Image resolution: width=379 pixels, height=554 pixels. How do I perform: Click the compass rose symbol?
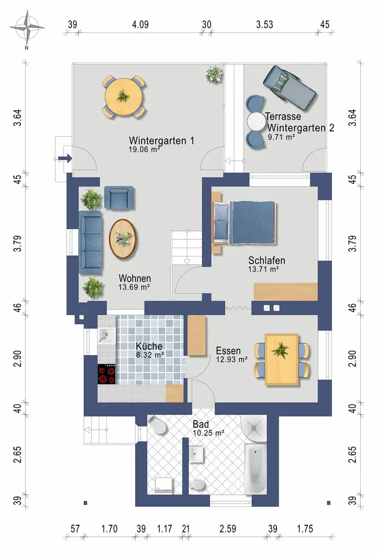(x=27, y=28)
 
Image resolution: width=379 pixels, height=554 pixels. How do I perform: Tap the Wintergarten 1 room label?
(x=161, y=141)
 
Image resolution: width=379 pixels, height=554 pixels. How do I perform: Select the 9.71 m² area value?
(x=281, y=137)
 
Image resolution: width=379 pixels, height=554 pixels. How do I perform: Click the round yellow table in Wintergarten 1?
(x=123, y=96)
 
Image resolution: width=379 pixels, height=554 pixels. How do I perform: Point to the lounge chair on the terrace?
(x=289, y=88)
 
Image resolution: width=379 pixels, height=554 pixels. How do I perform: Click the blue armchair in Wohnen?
(x=119, y=197)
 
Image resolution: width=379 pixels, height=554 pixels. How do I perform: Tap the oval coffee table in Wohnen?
(x=122, y=239)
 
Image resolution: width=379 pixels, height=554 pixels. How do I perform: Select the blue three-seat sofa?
(x=91, y=243)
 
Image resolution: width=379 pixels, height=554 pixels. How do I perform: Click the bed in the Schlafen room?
(x=244, y=222)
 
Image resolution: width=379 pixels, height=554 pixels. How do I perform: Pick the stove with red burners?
(x=107, y=374)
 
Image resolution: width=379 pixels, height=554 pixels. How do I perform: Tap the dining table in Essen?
(x=281, y=360)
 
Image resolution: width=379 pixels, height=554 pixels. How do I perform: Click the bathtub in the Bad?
(x=255, y=469)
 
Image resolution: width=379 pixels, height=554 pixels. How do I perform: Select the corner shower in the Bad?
(x=253, y=428)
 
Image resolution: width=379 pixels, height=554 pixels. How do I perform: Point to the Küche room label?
(x=149, y=346)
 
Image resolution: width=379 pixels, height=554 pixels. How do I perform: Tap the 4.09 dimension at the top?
(x=140, y=25)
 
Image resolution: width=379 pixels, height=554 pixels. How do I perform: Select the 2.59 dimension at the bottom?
(x=228, y=529)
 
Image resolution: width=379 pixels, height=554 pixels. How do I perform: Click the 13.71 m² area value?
(x=264, y=269)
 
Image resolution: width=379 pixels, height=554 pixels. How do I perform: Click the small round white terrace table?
(x=257, y=122)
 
